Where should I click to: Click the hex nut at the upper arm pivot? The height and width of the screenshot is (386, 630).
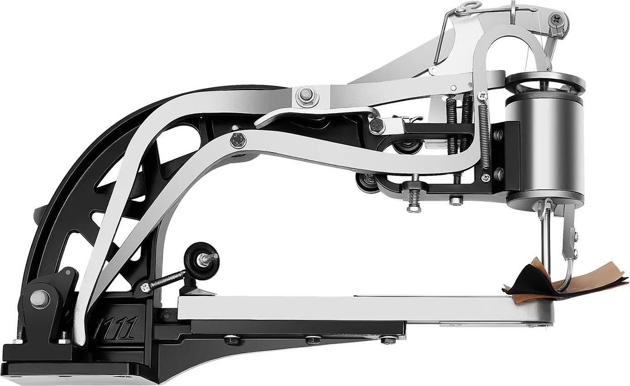(307, 95)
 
